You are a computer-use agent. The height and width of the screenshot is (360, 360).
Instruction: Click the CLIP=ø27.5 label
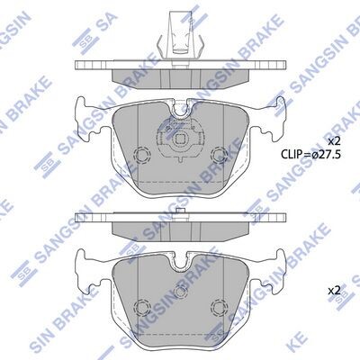(x=310, y=155)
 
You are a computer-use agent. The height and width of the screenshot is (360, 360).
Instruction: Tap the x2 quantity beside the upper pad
(x=333, y=140)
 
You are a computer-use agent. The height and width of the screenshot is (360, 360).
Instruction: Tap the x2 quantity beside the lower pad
(x=333, y=291)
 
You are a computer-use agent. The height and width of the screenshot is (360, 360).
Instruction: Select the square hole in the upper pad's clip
(x=180, y=139)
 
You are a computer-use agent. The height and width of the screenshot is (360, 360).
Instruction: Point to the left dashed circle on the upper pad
(x=142, y=155)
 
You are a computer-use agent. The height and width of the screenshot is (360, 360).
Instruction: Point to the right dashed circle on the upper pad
(x=218, y=155)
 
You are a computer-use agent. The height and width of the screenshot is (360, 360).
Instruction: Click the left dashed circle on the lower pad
(x=142, y=307)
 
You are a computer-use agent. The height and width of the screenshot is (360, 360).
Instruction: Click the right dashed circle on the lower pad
(x=218, y=307)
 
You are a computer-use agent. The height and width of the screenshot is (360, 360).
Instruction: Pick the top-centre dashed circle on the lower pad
(x=180, y=292)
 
